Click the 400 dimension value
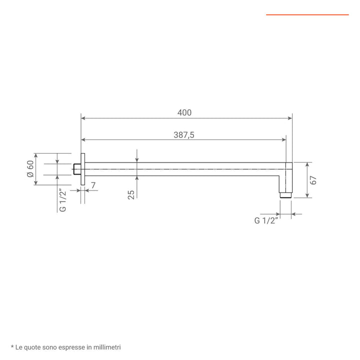point(184,113)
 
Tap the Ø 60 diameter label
point(30,169)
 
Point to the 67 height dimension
point(314,180)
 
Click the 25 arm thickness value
point(131,194)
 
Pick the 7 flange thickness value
point(93,186)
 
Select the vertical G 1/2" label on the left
point(63,200)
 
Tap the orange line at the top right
point(307,14)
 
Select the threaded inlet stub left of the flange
point(77,169)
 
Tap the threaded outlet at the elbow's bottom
point(285,195)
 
